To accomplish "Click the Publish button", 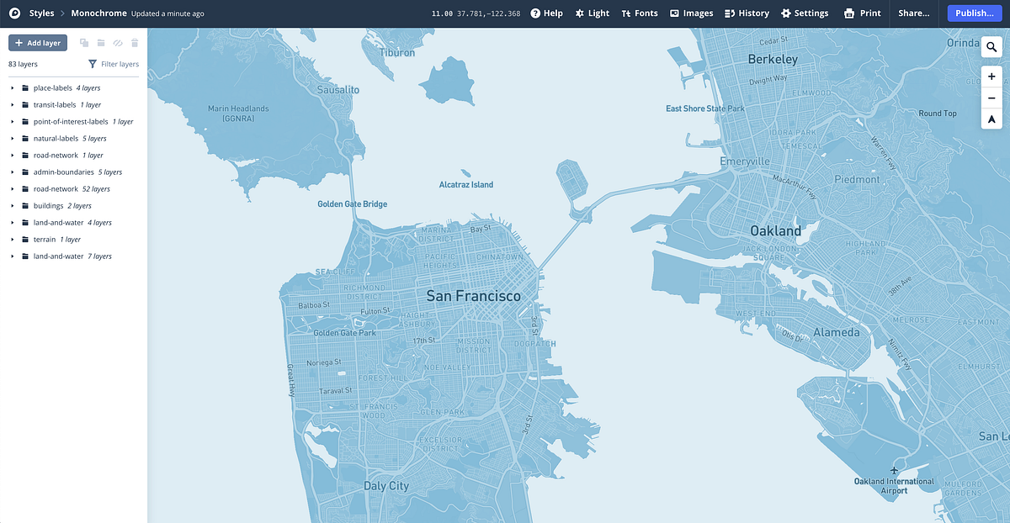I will point(974,13).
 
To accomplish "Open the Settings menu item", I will point(805,13).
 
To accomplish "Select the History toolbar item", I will point(747,13).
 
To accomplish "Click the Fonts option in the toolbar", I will point(640,13).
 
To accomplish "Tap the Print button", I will point(863,13).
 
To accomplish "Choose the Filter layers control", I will point(114,64).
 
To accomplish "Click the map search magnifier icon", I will point(991,48).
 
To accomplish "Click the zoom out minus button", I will point(991,98).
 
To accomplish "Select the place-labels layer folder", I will point(53,88).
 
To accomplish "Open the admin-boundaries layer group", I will point(63,172).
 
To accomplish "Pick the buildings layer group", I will point(48,206).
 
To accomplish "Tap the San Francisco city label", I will point(473,296).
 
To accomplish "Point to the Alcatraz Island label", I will point(466,185).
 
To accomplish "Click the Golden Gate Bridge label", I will point(352,204).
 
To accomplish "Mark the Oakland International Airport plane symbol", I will point(895,470).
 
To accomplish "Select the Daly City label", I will point(385,486).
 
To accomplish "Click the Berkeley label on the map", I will point(773,60).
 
